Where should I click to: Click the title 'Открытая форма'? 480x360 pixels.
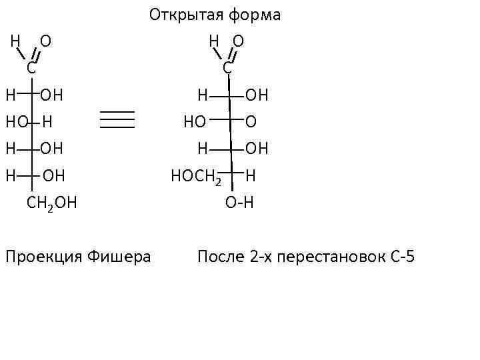pyautogui.click(x=215, y=15)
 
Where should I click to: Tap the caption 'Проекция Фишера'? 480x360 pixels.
pyautogui.click(x=77, y=256)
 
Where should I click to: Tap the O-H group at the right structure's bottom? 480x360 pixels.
pyautogui.click(x=240, y=203)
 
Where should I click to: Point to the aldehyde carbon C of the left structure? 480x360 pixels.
pyautogui.click(x=31, y=67)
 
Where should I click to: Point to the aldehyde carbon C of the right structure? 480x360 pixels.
pyautogui.click(x=227, y=67)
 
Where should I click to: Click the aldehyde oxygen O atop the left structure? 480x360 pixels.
pyautogui.click(x=45, y=41)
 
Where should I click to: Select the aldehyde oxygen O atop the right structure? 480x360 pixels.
pyautogui.click(x=238, y=41)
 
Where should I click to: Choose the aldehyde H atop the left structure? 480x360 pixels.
pyautogui.click(x=15, y=41)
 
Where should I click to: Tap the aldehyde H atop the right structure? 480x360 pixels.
pyautogui.click(x=214, y=41)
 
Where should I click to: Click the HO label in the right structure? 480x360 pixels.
pyautogui.click(x=195, y=122)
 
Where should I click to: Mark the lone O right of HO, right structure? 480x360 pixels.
pyautogui.click(x=251, y=122)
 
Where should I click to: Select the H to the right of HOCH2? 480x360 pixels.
pyautogui.click(x=251, y=177)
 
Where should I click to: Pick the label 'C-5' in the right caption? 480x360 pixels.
pyautogui.click(x=400, y=256)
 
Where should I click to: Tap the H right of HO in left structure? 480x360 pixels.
pyautogui.click(x=47, y=122)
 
